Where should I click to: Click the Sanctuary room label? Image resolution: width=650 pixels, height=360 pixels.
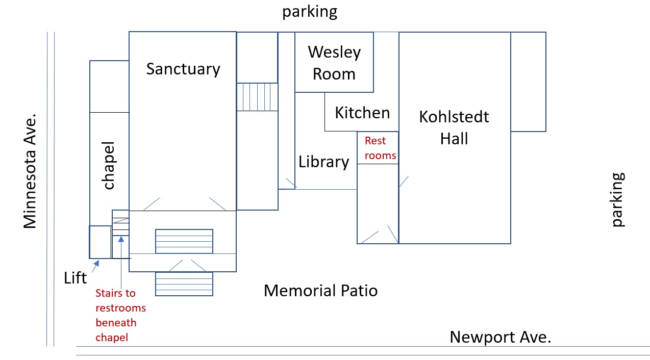click(183, 69)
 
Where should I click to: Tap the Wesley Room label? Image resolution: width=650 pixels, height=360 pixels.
click(334, 63)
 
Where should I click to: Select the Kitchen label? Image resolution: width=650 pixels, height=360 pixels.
click(362, 113)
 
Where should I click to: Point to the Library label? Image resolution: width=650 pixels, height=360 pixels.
click(324, 162)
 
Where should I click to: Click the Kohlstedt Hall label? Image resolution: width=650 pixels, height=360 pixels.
click(454, 127)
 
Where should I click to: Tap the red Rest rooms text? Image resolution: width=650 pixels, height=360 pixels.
click(380, 148)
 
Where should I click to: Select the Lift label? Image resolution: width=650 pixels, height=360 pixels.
click(76, 278)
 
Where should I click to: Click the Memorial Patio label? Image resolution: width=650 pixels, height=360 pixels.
click(320, 291)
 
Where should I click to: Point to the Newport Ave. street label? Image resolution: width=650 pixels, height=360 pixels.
click(500, 337)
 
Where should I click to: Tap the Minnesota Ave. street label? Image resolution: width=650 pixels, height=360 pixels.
click(30, 171)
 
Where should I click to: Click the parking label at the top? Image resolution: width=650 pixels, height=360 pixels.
click(310, 11)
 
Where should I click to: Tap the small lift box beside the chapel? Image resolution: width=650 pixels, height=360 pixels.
click(101, 242)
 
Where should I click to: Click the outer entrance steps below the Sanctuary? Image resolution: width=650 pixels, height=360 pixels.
click(184, 284)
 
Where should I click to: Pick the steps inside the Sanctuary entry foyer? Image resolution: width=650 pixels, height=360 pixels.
click(184, 241)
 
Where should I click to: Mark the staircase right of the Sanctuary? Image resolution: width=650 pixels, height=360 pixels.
click(257, 97)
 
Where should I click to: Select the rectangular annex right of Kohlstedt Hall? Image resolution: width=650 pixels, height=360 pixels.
click(529, 82)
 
